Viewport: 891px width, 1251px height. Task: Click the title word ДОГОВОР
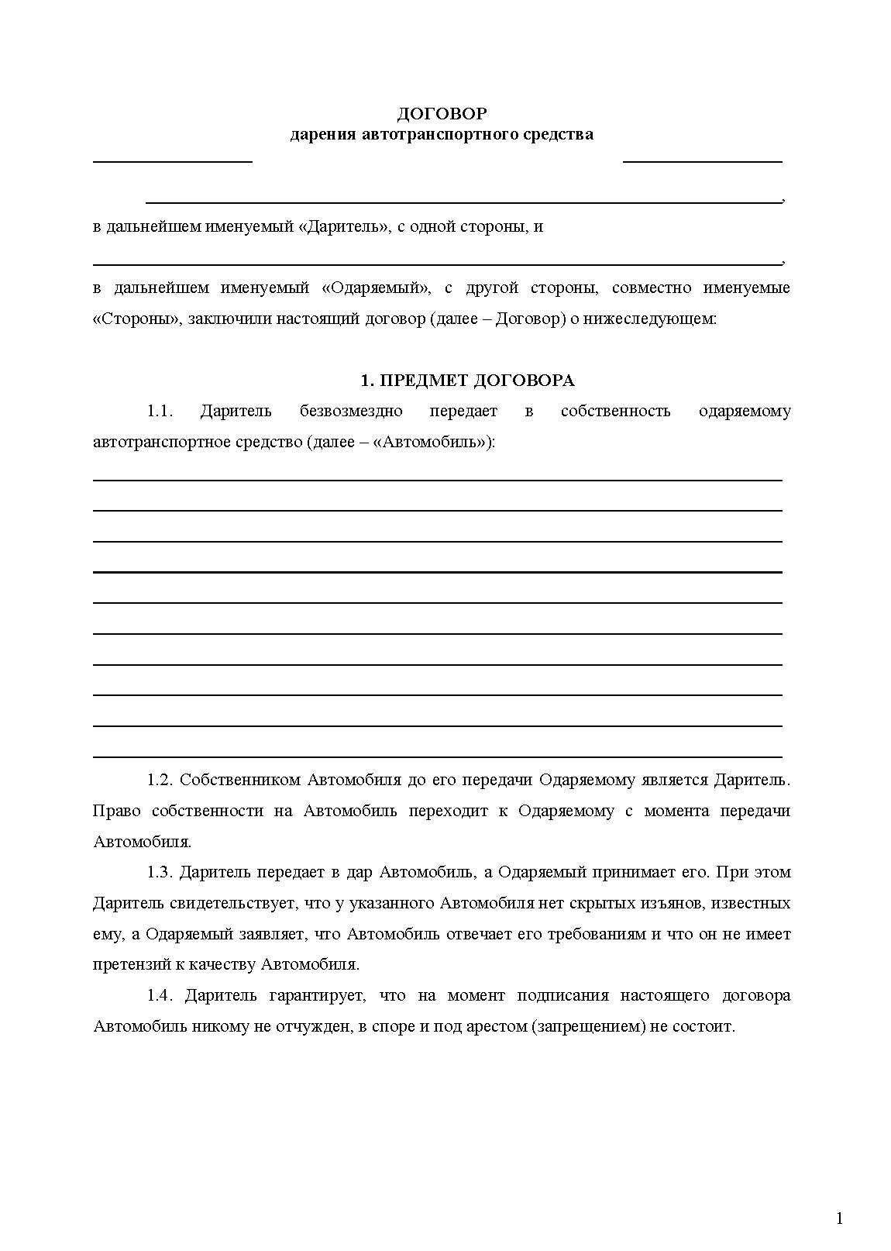[442, 114]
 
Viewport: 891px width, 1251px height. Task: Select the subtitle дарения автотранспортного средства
[442, 135]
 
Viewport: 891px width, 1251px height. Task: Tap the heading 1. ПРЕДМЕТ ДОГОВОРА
[467, 381]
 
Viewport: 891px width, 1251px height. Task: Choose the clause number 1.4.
[160, 995]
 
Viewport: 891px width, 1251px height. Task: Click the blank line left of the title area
[173, 160]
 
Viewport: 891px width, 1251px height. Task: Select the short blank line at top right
[702, 160]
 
